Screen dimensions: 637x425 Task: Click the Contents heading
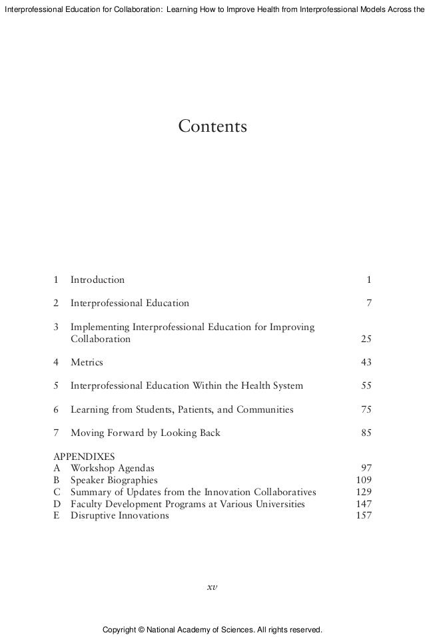(x=212, y=126)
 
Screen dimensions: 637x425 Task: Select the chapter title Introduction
(x=97, y=280)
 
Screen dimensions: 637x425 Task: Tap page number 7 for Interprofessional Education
(x=368, y=304)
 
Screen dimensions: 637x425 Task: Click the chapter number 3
(x=56, y=327)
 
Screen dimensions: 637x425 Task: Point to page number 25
(x=366, y=339)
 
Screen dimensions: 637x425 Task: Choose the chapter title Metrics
(x=87, y=362)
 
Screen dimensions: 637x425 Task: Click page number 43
(x=366, y=362)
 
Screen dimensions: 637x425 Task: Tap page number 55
(x=366, y=385)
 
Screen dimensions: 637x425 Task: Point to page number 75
(x=366, y=409)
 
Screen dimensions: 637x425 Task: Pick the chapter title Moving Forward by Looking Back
(x=145, y=433)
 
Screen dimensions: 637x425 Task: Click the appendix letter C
(x=56, y=492)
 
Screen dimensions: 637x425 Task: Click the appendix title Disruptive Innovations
(x=119, y=516)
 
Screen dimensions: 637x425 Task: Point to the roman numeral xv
(x=212, y=587)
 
